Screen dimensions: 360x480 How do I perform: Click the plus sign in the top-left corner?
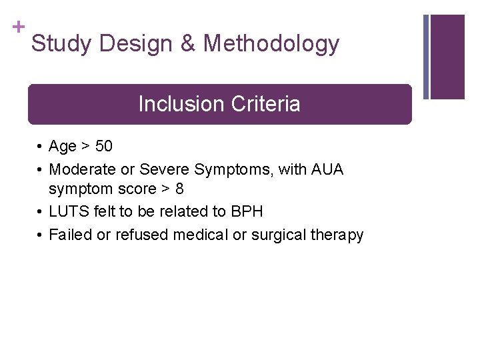pyautogui.click(x=18, y=27)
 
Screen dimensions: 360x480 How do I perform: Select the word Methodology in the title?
pyautogui.click(x=271, y=44)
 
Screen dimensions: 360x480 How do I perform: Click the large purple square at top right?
pyautogui.click(x=447, y=57)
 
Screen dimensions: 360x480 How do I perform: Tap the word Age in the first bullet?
pyautogui.click(x=63, y=147)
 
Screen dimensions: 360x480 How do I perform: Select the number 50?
pyautogui.click(x=103, y=147)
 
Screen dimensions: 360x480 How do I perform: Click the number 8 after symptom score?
pyautogui.click(x=179, y=189)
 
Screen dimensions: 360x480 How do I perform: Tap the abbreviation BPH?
pyautogui.click(x=247, y=212)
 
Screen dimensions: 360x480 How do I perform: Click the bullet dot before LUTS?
pyautogui.click(x=40, y=213)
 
